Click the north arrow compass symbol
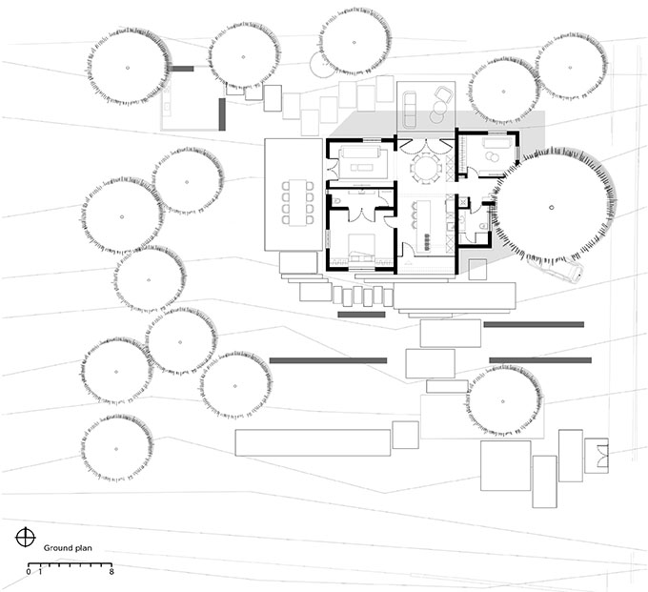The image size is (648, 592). coord(26,538)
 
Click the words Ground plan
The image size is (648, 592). coord(68,548)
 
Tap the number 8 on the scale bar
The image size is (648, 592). coord(111,572)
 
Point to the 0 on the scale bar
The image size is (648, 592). coord(28,572)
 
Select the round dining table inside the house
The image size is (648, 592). coord(425,168)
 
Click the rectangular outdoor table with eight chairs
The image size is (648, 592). coord(296,202)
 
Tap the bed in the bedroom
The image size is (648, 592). coord(362,247)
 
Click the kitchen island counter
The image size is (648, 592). coord(425,226)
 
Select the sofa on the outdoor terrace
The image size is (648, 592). coord(410,110)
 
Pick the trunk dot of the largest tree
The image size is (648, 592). coord(552,207)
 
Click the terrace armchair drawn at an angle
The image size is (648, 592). coord(443,94)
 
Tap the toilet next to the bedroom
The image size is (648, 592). coord(335,201)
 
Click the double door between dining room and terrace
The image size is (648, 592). coord(425,146)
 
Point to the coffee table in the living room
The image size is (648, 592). coord(361,168)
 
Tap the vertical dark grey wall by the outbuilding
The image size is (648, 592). coord(222,114)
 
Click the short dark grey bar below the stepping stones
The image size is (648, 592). coord(361,315)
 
